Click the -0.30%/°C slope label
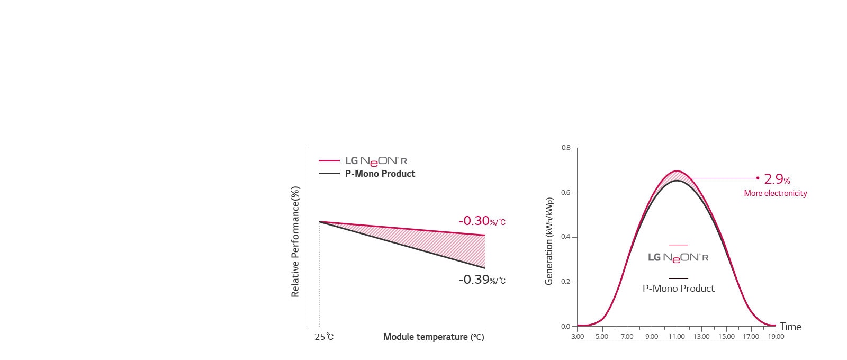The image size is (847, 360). [482, 221]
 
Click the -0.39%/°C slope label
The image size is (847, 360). [482, 280]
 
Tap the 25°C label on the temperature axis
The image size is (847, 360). [324, 337]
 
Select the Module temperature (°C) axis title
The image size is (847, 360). [434, 337]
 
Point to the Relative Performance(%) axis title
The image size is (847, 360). [295, 241]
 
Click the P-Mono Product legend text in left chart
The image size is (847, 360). [380, 174]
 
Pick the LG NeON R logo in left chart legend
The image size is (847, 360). [376, 160]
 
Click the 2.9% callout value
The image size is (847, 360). [777, 179]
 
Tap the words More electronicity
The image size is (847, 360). [775, 193]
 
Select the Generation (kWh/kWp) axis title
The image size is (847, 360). [549, 241]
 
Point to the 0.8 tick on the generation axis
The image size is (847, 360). [566, 148]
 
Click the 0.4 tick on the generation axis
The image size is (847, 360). [566, 237]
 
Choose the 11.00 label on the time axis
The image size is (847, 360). [677, 337]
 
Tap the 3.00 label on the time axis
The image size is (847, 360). [578, 337]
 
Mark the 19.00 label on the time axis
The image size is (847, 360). [776, 337]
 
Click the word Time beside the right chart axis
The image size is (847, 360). [790, 327]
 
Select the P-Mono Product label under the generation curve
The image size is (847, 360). [678, 289]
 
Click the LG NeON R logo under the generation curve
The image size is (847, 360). [678, 258]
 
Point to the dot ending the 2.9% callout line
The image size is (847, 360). [758, 178]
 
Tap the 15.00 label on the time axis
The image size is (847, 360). [726, 337]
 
